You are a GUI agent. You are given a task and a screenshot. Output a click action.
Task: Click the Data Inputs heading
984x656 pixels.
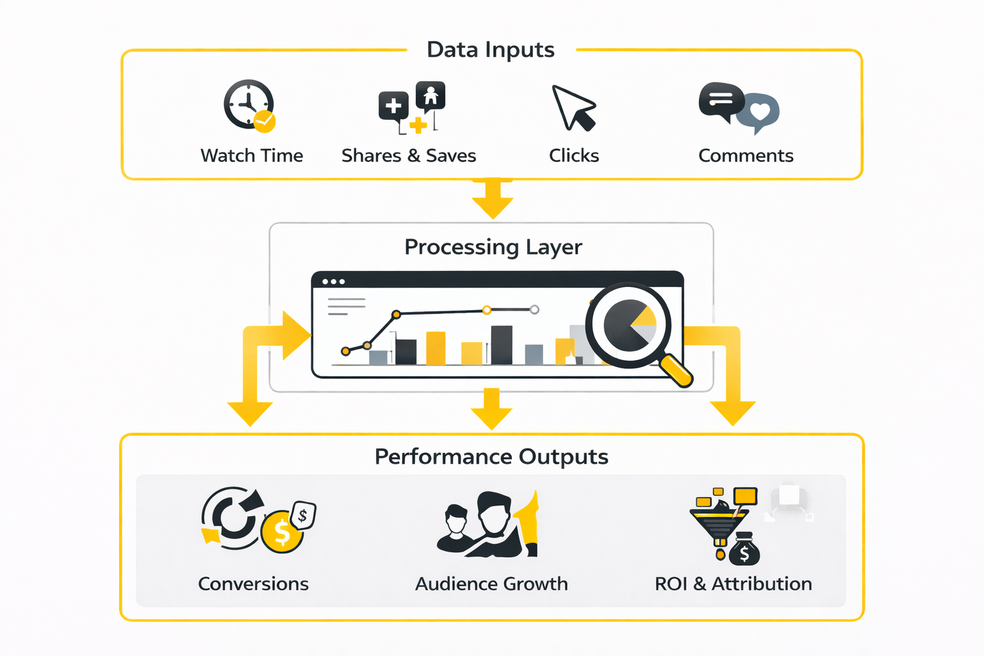[491, 50]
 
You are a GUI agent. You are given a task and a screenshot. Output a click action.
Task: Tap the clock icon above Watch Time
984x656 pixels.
[248, 104]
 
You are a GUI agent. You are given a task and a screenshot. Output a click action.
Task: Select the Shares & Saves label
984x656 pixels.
[409, 156]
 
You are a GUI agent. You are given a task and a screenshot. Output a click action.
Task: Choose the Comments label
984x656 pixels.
[746, 156]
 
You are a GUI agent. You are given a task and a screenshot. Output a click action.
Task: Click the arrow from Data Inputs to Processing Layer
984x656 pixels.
[492, 200]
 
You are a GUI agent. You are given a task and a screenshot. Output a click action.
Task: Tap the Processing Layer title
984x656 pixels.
[493, 247]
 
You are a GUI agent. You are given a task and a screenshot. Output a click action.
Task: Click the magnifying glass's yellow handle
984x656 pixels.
[676, 371]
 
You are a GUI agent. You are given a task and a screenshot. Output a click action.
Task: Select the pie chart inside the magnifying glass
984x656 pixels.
[630, 325]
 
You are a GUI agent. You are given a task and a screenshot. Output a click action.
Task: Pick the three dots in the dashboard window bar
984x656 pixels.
[333, 282]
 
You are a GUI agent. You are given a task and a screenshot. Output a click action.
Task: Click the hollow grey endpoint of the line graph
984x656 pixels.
[534, 310]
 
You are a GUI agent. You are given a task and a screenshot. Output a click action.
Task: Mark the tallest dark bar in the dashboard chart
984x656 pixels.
[502, 345]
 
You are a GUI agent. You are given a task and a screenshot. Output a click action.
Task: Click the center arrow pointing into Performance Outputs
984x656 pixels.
[491, 411]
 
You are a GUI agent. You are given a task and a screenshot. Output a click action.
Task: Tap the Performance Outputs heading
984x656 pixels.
[491, 457]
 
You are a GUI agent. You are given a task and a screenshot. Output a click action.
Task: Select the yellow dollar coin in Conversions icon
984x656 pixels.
[282, 532]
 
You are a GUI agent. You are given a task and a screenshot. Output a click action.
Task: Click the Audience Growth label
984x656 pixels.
[491, 584]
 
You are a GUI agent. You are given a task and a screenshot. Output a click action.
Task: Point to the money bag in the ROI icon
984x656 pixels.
[744, 550]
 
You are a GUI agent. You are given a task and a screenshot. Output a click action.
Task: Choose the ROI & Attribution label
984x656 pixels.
[733, 584]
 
